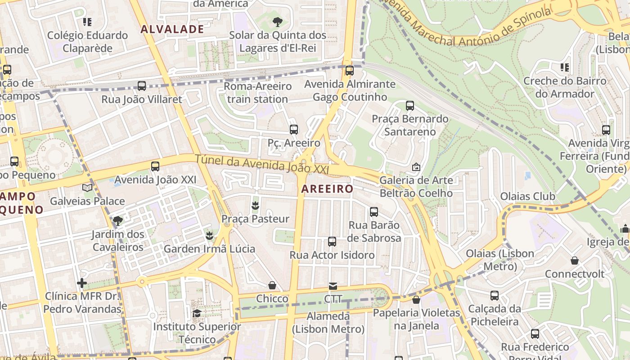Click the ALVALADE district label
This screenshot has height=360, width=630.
pyautogui.click(x=172, y=29)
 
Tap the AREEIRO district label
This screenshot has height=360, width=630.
pyautogui.click(x=327, y=189)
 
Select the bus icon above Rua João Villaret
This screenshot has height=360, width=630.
pyautogui.click(x=142, y=86)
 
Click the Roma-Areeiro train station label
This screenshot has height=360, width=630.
pyautogui.click(x=257, y=92)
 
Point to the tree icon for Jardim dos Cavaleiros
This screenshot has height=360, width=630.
pyautogui.click(x=118, y=220)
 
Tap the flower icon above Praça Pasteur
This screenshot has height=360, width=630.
pyautogui.click(x=255, y=206)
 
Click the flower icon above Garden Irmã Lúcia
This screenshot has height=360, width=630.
pyautogui.click(x=209, y=235)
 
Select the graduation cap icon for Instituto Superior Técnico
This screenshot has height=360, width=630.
pyautogui.click(x=197, y=313)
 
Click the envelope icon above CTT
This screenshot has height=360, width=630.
pyautogui.click(x=333, y=286)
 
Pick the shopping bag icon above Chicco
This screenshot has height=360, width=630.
pyautogui.click(x=272, y=285)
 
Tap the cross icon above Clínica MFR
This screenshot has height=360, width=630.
pyautogui.click(x=82, y=283)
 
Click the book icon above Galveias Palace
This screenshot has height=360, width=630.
pyautogui.click(x=87, y=188)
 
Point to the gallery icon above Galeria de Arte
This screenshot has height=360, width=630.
pyautogui.click(x=416, y=167)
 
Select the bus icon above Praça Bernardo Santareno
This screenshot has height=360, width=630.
pyautogui.click(x=410, y=106)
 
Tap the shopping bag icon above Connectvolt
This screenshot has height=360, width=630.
pyautogui.click(x=575, y=261)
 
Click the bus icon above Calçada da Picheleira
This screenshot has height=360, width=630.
pyautogui.click(x=495, y=296)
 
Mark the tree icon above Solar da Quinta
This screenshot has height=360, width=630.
pyautogui.click(x=278, y=22)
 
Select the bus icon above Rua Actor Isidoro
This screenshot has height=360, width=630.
pyautogui.click(x=332, y=242)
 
